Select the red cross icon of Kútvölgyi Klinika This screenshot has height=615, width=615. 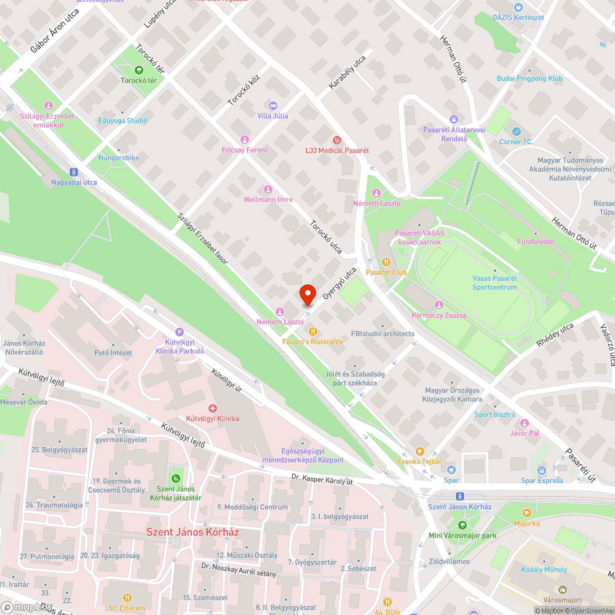click(x=213, y=408)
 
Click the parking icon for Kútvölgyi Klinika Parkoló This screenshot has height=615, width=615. click(x=179, y=331)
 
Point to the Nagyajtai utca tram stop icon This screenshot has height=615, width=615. click(x=74, y=172)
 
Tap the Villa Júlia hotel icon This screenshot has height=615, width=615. click(x=273, y=106)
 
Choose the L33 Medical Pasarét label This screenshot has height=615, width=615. click(x=337, y=150)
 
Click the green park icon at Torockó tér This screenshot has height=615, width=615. click(x=138, y=71)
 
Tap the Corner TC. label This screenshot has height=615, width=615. click(x=516, y=142)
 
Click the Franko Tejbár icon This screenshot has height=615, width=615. click(x=420, y=451)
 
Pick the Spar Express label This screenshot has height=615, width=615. click(x=542, y=480)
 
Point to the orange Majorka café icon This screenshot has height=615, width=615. click(x=526, y=513)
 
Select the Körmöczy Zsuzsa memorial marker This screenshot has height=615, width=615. click(x=438, y=306)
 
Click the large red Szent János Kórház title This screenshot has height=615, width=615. click(x=192, y=531)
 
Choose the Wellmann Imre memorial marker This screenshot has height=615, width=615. click(x=268, y=189)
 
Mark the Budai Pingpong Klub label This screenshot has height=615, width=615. click(x=530, y=79)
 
